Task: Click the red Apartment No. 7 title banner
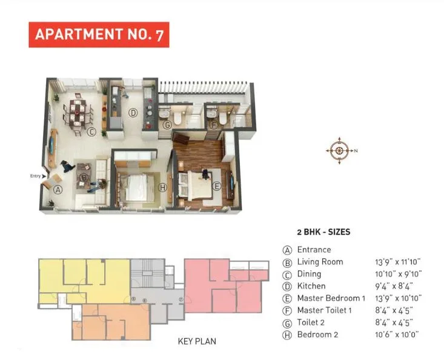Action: (x=99, y=35)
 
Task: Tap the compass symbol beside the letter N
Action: (x=340, y=150)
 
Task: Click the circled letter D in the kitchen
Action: (x=133, y=112)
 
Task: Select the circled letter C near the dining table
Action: (x=91, y=132)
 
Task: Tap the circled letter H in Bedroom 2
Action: (x=162, y=188)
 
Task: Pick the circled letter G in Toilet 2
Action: (x=168, y=125)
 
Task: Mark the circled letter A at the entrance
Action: (x=58, y=189)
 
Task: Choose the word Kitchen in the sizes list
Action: (x=311, y=286)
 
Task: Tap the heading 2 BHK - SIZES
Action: (x=323, y=232)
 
